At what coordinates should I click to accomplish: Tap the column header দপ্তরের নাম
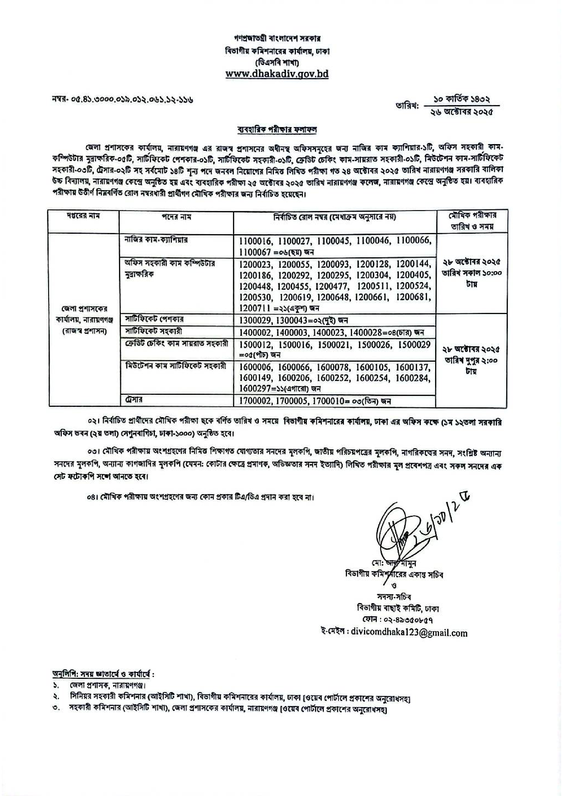tap(84, 216)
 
